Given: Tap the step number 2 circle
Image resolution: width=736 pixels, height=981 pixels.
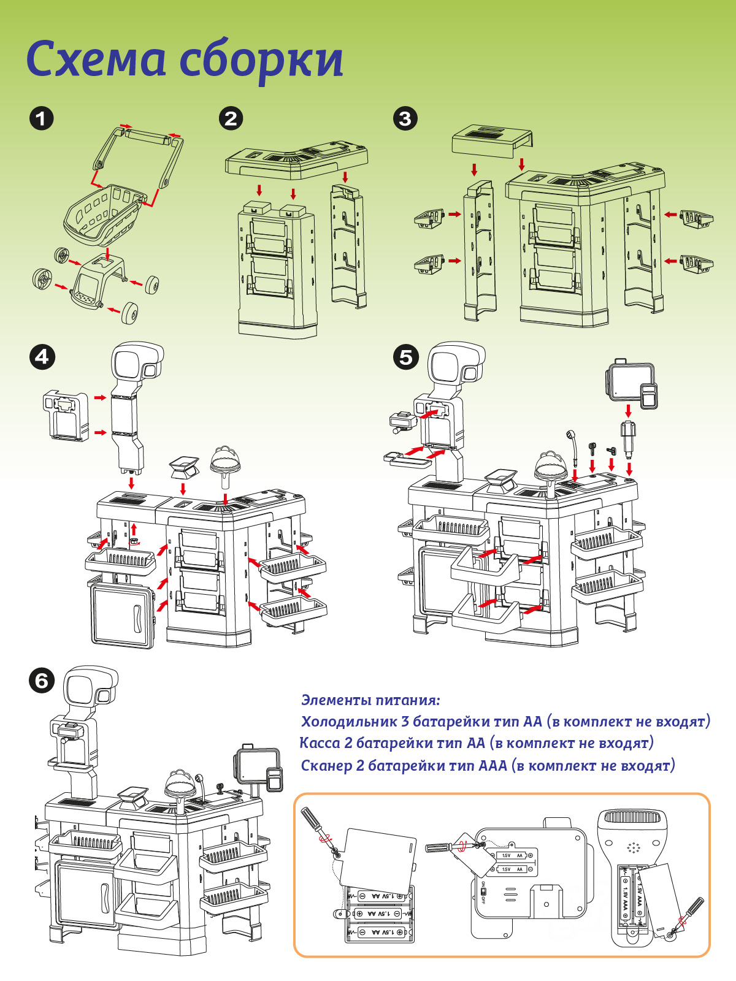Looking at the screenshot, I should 231,118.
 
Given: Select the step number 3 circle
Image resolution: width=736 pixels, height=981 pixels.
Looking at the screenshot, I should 405,118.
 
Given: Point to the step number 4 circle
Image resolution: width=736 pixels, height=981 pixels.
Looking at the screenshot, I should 42,357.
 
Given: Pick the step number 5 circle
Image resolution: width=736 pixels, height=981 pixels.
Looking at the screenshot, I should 406,357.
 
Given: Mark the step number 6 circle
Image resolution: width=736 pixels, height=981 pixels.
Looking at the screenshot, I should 42,681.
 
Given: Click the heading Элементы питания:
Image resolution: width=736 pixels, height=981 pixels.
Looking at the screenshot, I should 370,700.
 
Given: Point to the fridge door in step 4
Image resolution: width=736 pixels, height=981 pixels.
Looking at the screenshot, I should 121,616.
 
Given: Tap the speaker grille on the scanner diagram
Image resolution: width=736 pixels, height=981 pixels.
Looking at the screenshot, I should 632,848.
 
